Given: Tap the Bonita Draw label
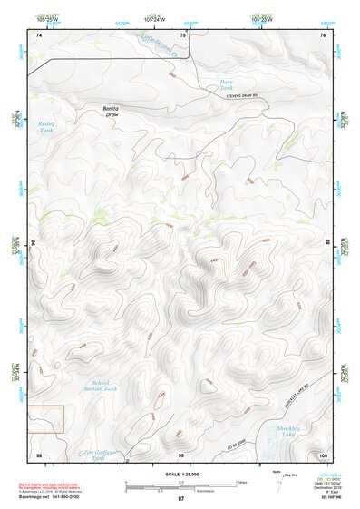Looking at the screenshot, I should [111, 113].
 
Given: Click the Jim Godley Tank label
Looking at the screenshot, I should [100, 455].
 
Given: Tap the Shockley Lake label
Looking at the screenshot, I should [287, 431].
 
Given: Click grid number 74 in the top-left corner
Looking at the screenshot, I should [39, 34].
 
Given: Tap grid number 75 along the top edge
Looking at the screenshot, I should [182, 34].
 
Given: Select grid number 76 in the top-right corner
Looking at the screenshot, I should [323, 34].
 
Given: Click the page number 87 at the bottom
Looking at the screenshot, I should [180, 499].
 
